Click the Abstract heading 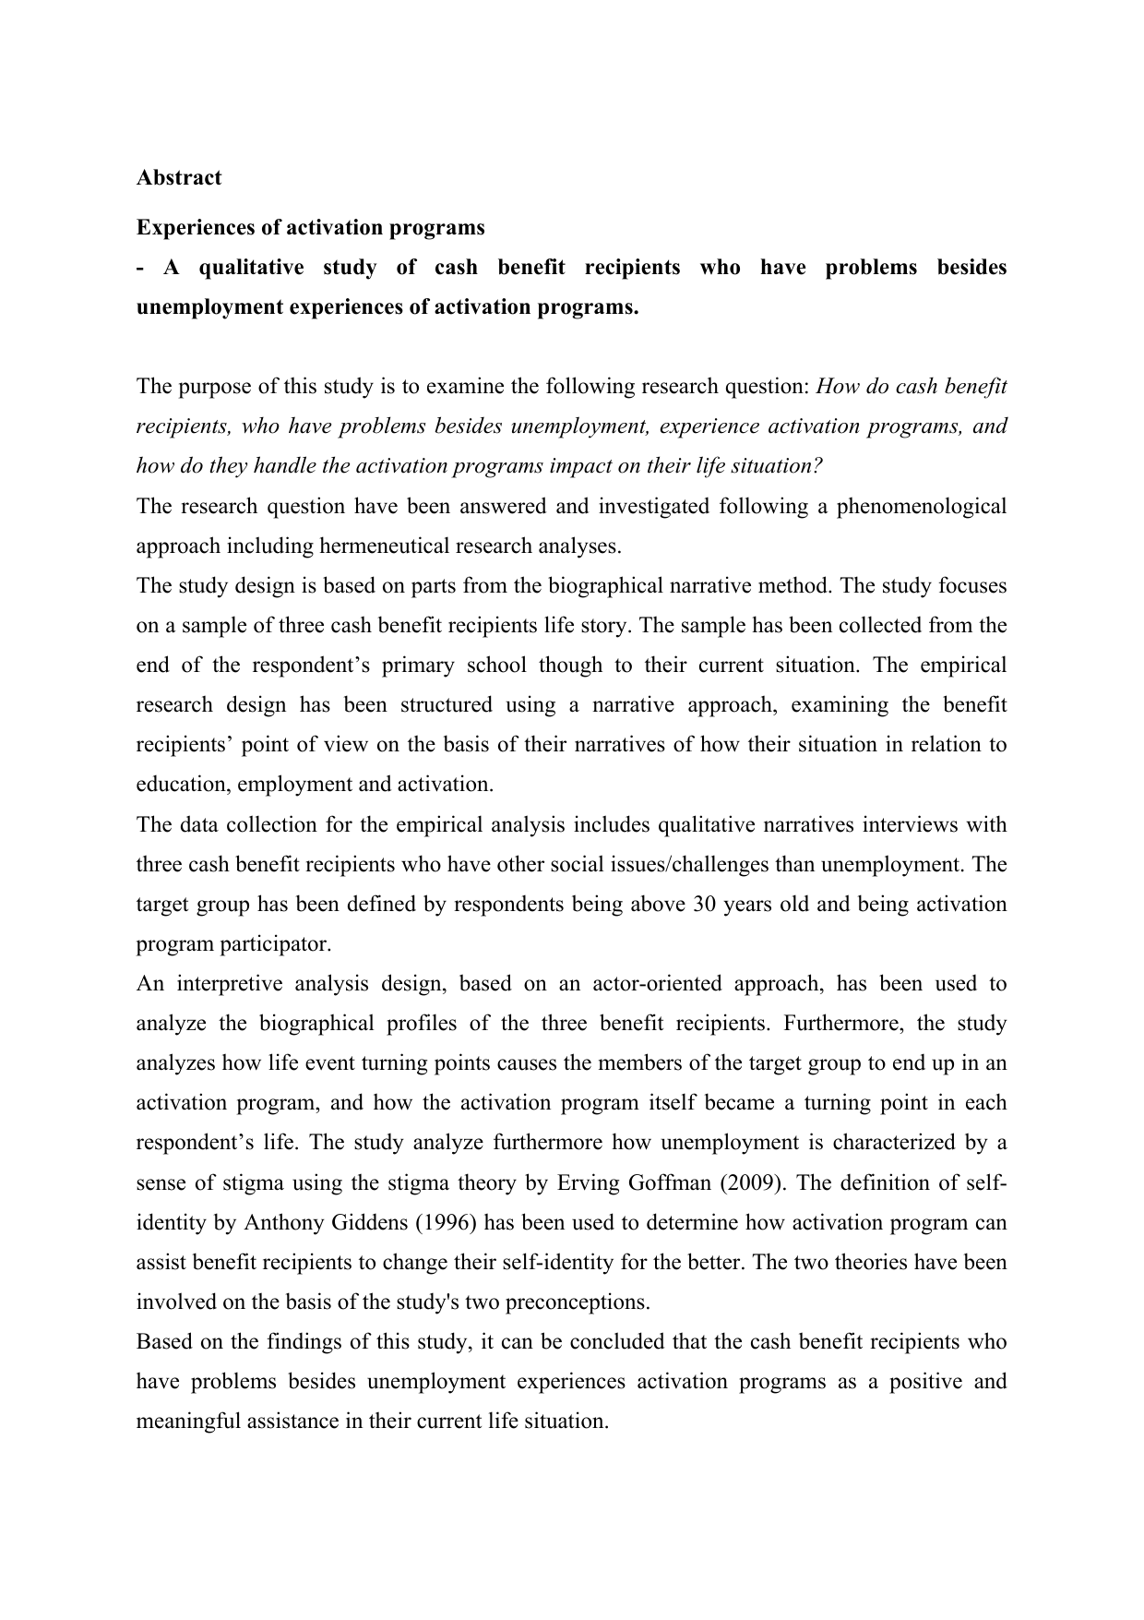click(x=179, y=178)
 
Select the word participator click(x=272, y=943)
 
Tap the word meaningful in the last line click(x=189, y=1422)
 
